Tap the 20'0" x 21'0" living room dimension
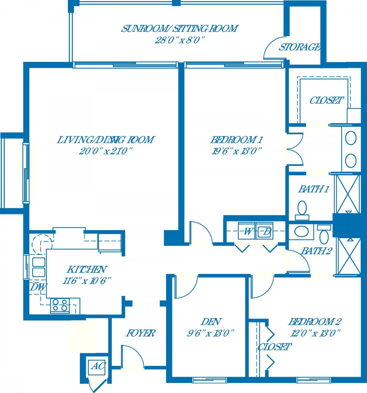(x=106, y=152)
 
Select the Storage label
(x=299, y=47)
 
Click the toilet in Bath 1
(x=302, y=210)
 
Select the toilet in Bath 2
(x=324, y=234)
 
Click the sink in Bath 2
(x=301, y=231)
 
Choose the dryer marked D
(x=265, y=231)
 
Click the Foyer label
(x=140, y=333)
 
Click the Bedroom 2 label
(x=315, y=322)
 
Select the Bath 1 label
(x=314, y=189)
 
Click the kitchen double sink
(x=39, y=267)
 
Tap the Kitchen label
(x=87, y=269)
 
